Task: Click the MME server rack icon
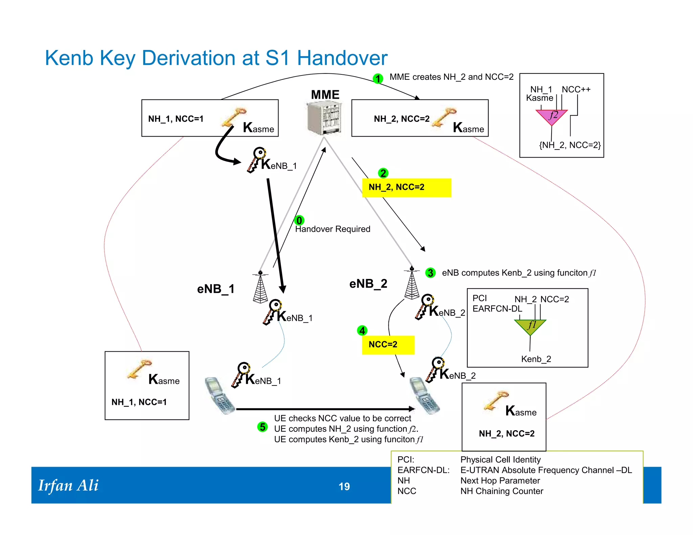coord(324,118)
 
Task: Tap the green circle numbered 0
coord(299,220)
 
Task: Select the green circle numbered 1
coord(378,79)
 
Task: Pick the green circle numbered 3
coord(430,273)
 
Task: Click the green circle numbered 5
coord(263,427)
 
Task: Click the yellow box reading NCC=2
coord(388,345)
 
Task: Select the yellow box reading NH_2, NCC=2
coord(406,187)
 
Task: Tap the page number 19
coord(344,486)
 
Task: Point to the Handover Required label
coord(333,229)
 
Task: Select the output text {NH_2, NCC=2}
coord(569,145)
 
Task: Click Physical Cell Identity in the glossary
coord(500,460)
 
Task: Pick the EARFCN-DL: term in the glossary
coord(423,470)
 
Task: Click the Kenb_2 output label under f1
coord(536,359)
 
